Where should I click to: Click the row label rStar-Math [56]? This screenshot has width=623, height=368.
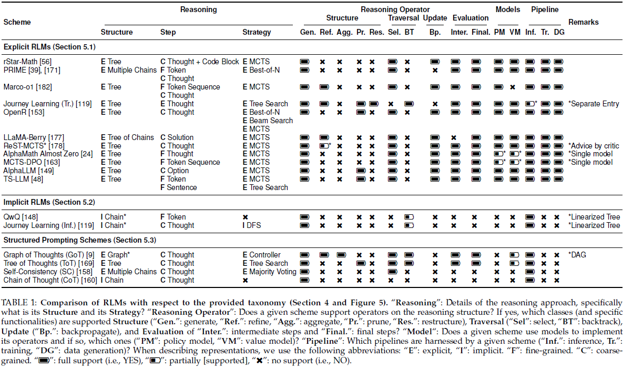point(25,62)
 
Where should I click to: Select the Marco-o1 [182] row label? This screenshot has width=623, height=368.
point(27,87)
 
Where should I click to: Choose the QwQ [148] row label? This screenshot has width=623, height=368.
point(21,217)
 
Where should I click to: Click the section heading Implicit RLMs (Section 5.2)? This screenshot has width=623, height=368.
point(49,202)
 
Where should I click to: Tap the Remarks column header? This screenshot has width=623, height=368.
point(584,22)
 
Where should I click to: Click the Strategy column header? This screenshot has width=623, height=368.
point(257,32)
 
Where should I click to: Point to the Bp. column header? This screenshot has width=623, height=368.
point(435,32)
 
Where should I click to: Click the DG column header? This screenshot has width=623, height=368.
point(558,32)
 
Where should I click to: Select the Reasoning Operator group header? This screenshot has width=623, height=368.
point(395,9)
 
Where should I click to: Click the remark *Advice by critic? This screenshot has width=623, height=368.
point(593,146)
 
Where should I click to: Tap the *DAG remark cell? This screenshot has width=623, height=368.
point(577,255)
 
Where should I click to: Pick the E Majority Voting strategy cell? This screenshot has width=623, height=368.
point(269,272)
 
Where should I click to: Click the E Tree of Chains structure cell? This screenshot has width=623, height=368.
point(127,137)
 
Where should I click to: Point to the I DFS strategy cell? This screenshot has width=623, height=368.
point(252,225)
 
